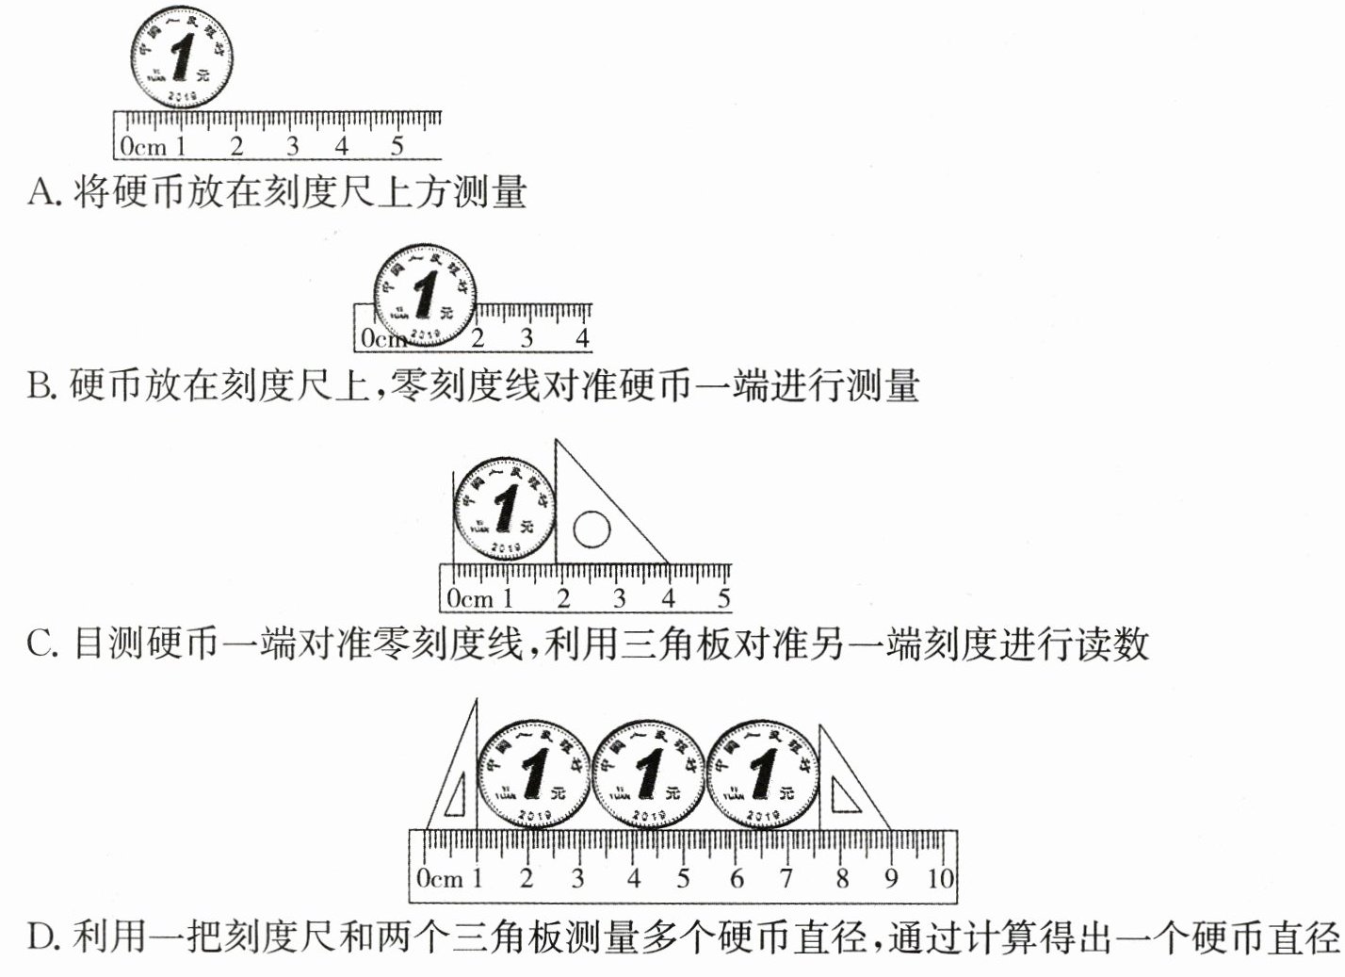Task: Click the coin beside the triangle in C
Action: coord(505,510)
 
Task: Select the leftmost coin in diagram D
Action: coord(534,774)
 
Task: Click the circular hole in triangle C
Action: coord(591,529)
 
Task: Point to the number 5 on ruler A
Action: coord(397,146)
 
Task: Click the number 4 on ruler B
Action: coord(582,337)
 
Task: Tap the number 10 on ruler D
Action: coord(939,879)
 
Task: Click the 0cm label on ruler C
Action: coord(470,598)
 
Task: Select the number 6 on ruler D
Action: coord(737,879)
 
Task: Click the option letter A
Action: coord(42,193)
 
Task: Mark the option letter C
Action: coord(42,645)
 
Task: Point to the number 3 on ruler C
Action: coord(618,598)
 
